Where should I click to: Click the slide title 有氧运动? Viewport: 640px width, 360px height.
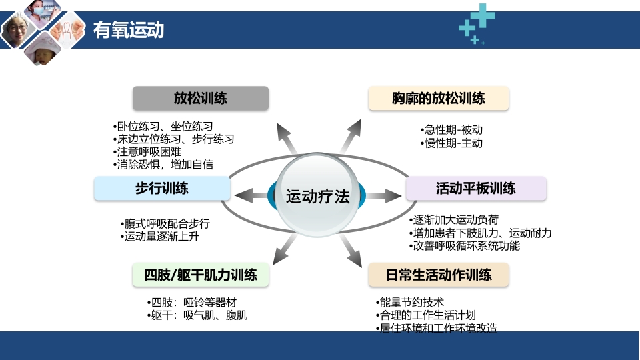point(128,30)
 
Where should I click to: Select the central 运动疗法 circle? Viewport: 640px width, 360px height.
point(317,197)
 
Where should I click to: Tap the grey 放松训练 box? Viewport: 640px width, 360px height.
point(201,99)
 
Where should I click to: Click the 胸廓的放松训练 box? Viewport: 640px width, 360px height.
point(439,99)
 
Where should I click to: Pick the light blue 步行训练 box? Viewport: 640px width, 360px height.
point(162,189)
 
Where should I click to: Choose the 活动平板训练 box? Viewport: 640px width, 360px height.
point(476,189)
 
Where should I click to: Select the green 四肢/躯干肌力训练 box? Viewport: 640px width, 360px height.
point(201,275)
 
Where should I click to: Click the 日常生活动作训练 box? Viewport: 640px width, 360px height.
point(439,275)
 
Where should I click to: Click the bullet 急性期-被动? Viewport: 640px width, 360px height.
point(451,130)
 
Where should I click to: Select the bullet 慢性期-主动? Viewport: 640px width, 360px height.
point(451,143)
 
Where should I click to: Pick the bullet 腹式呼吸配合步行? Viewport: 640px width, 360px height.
point(165,223)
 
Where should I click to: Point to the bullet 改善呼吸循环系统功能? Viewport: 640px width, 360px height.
point(465,245)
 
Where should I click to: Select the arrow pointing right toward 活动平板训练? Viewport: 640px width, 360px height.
point(382,195)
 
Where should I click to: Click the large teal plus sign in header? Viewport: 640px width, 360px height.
point(485,15)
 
